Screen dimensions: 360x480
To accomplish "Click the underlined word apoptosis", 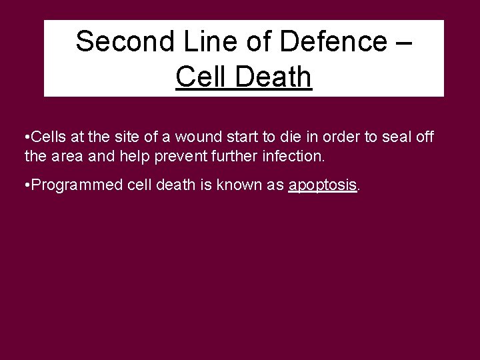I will point(323,185).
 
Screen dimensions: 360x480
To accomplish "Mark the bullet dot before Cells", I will point(25,137).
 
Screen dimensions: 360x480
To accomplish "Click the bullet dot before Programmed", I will point(25,185).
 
